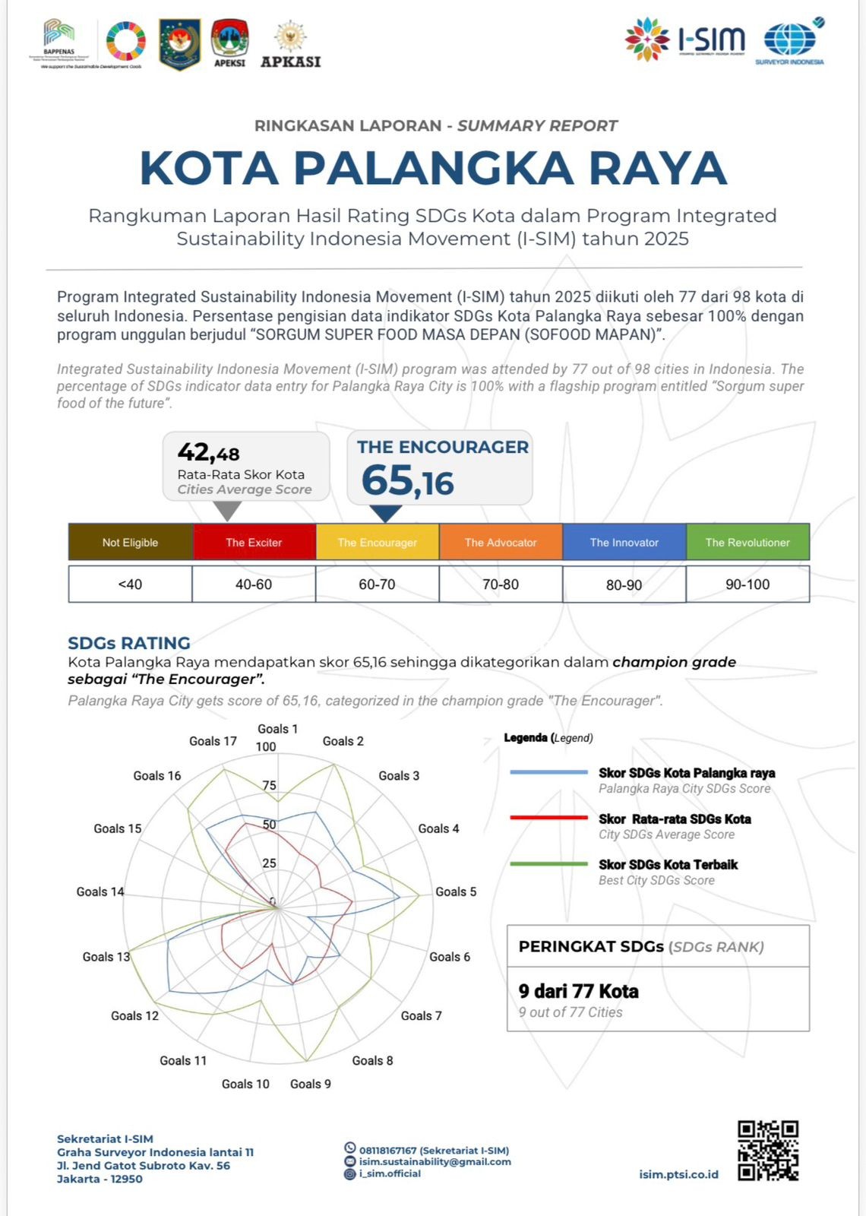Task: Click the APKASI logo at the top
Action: pos(290,46)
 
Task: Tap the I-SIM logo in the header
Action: pos(685,40)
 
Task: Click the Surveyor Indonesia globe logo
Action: pos(790,42)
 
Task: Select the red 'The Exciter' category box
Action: pos(254,542)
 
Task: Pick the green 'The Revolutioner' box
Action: pos(747,542)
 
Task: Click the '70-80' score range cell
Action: pos(501,584)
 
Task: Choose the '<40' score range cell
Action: pos(130,584)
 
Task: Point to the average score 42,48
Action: pos(209,453)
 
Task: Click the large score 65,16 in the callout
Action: pos(408,481)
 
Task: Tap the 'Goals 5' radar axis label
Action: pos(456,891)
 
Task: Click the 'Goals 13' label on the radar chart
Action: pos(106,957)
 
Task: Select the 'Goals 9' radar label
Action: pos(311,1084)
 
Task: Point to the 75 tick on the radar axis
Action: pos(269,786)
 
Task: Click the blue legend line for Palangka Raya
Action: pos(548,772)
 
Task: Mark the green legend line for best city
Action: pos(548,864)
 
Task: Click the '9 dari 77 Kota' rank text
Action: pos(579,991)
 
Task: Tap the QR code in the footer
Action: pos(768,1151)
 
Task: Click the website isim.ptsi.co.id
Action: pos(678,1174)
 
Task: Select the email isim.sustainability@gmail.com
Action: pos(435,1161)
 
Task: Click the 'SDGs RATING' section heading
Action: pos(129,643)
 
